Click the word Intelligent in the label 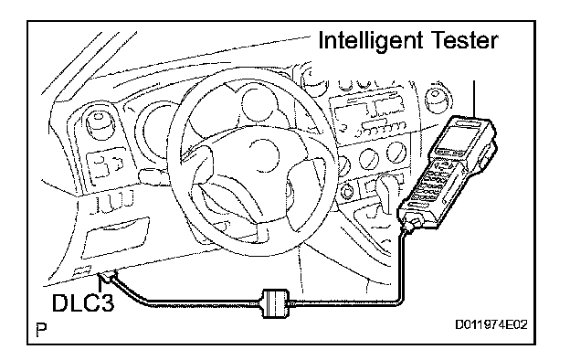[370, 41]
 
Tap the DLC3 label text [83, 302]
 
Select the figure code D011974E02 [491, 324]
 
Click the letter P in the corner [41, 329]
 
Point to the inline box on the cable [276, 304]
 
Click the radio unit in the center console [368, 116]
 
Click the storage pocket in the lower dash [117, 238]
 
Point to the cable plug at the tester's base [411, 223]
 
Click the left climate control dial [368, 159]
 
